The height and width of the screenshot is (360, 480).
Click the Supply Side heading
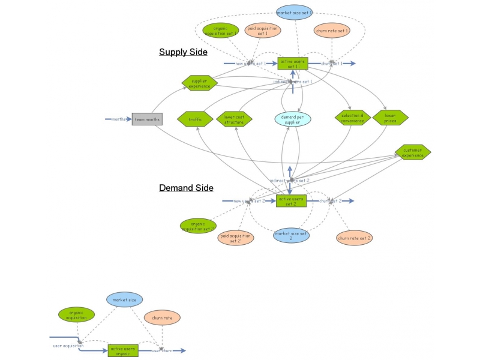click(x=183, y=52)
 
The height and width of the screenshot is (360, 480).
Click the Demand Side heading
click(x=186, y=188)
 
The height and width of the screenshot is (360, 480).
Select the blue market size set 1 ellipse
click(x=295, y=12)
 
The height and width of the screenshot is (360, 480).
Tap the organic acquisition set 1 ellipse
click(x=221, y=31)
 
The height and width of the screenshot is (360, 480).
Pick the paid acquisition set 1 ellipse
click(x=263, y=31)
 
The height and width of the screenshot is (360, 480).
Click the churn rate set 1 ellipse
click(x=332, y=30)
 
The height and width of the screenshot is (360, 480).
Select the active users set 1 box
click(x=292, y=63)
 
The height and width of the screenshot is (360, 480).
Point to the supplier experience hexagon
click(x=199, y=83)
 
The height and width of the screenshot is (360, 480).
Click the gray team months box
click(x=147, y=119)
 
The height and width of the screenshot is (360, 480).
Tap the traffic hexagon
click(x=196, y=119)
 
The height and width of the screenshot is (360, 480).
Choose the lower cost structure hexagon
click(x=234, y=119)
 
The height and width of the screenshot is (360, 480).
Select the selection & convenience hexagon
click(x=353, y=118)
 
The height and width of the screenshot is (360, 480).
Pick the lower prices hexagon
click(x=390, y=118)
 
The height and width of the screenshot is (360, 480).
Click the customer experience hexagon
click(x=413, y=152)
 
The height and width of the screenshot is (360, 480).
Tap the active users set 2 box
click(x=291, y=201)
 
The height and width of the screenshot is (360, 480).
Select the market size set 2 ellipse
click(x=292, y=235)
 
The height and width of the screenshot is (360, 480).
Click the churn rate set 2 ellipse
click(x=354, y=238)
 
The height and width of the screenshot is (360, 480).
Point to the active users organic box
click(x=123, y=350)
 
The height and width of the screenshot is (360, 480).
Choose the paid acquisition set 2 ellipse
click(x=236, y=238)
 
